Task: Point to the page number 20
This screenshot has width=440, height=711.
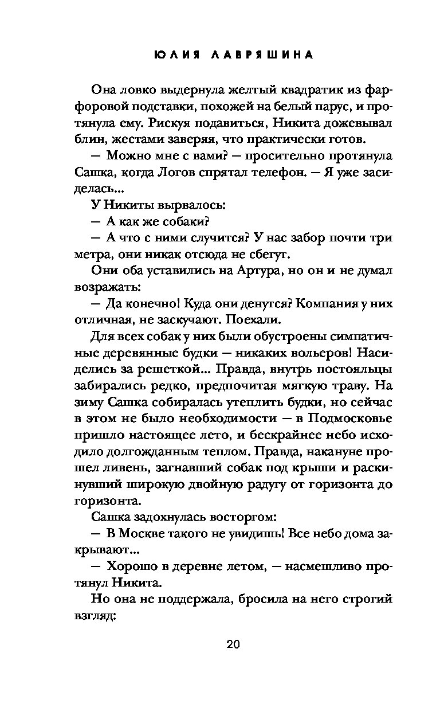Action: (233, 643)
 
